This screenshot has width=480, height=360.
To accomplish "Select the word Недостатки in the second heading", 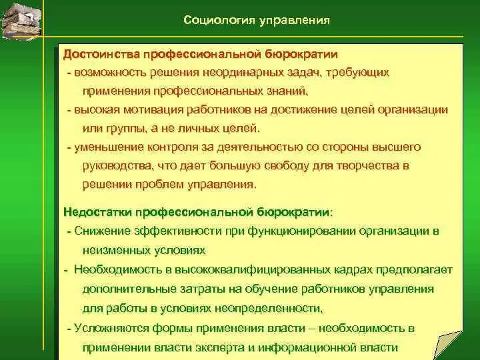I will pyautogui.click(x=97, y=212).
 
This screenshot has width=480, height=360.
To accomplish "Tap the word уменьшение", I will pyautogui.click(x=109, y=147).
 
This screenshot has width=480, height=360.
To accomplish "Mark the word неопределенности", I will pyautogui.click(x=273, y=308).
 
